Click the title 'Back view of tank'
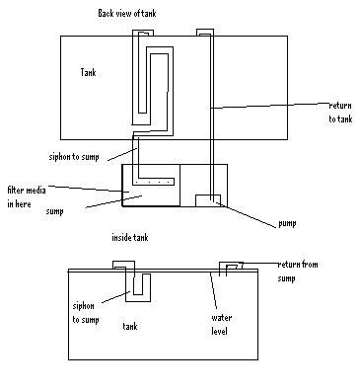click(x=127, y=13)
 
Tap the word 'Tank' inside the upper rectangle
click(x=88, y=72)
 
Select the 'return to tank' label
click(x=340, y=113)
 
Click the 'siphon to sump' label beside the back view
click(x=74, y=157)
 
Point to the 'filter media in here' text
click(x=27, y=196)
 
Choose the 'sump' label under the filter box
click(x=54, y=211)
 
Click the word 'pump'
click(x=287, y=223)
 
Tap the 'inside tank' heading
click(x=130, y=237)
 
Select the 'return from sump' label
click(x=298, y=272)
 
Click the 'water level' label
click(x=221, y=325)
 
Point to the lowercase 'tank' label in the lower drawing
click(x=130, y=326)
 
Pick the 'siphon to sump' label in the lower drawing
click(x=86, y=313)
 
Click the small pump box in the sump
click(x=208, y=200)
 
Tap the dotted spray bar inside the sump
click(x=153, y=182)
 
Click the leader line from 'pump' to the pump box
click(x=246, y=214)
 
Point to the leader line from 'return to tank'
click(x=269, y=106)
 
